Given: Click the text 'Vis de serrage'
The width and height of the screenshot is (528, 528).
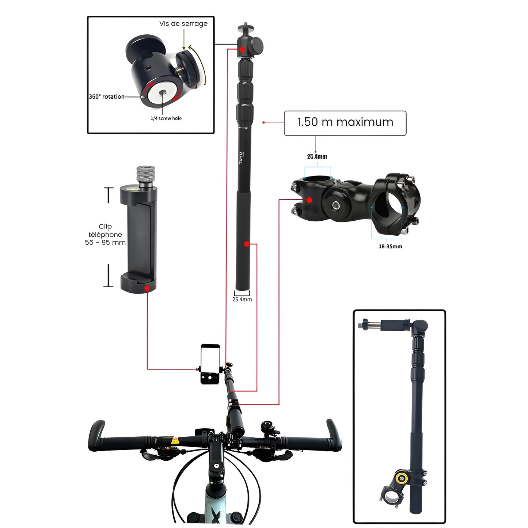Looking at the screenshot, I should tap(183, 24).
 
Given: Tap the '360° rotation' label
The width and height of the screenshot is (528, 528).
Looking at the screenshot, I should tap(106, 97).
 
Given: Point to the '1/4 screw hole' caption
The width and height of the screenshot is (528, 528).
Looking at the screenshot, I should tap(166, 118).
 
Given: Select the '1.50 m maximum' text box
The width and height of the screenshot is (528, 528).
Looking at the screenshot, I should tap(345, 123).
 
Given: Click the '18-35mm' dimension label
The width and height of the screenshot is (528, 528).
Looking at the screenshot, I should tap(390, 247).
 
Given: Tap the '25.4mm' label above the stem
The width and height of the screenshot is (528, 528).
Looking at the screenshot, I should tap(317, 157).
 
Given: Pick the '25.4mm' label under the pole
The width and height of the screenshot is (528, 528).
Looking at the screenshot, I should tap(242, 299).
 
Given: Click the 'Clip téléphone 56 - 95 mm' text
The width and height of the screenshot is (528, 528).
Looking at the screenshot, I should tap(105, 235).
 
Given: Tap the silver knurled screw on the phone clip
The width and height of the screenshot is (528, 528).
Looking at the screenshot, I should tap(145, 175).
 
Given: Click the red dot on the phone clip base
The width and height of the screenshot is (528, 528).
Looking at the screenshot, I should tap(147, 288).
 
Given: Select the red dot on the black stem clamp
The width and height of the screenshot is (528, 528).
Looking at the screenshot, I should tap(309, 200).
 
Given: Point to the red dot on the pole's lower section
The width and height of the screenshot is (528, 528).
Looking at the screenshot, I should tap(247, 244).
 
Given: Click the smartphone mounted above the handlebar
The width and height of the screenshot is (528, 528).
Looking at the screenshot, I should tap(210, 364).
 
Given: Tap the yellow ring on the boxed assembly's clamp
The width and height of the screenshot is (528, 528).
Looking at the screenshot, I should tap(403, 478).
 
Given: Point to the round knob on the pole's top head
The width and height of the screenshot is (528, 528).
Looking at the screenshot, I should tap(257, 45).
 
